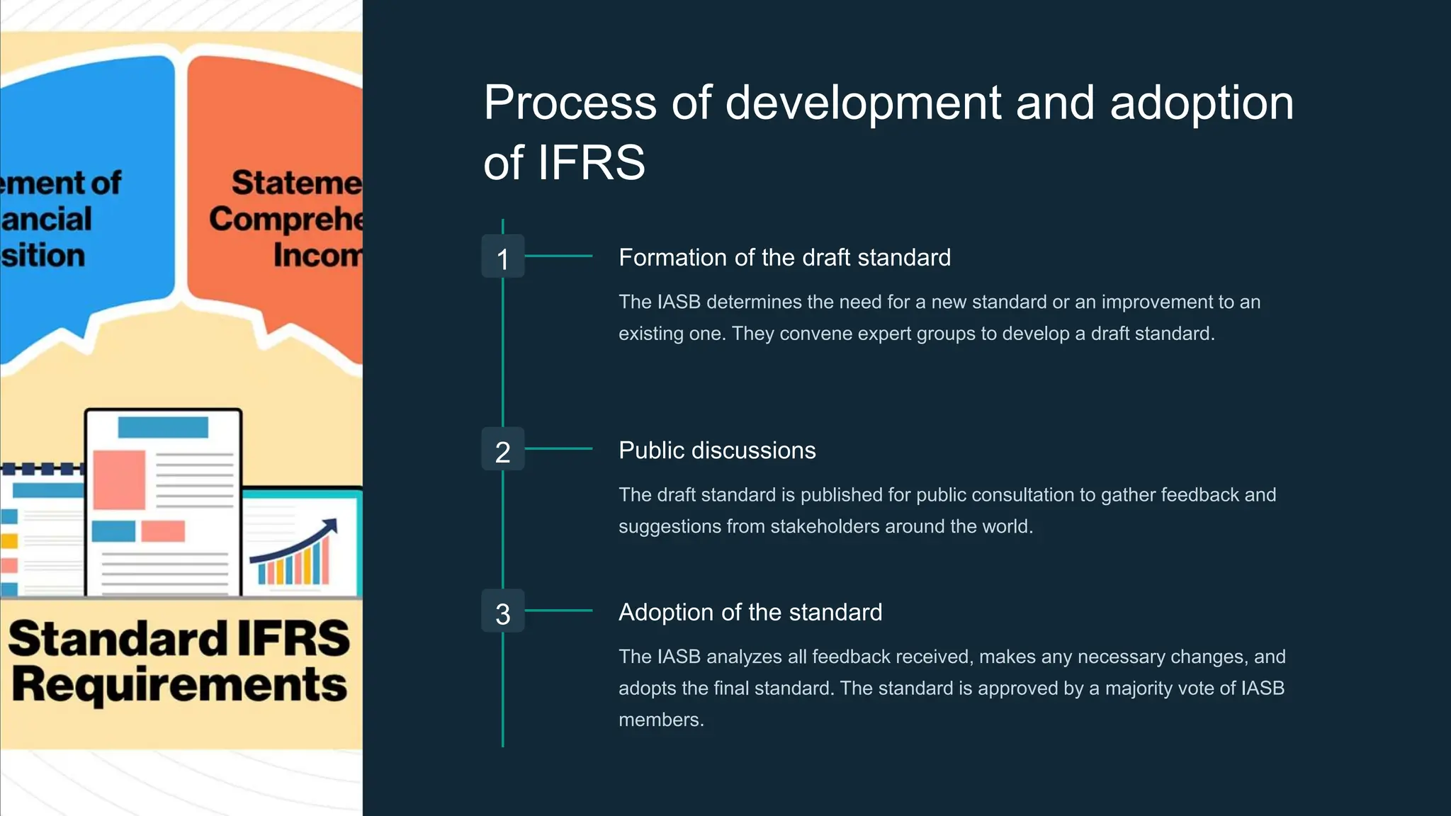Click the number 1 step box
pos(503,256)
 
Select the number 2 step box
pos(503,449)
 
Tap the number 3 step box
pos(503,611)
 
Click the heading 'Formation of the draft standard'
pos(784,258)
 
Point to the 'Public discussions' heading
pos(717,450)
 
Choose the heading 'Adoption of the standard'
pos(750,613)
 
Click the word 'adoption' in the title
pos(1202,103)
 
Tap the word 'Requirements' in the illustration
pos(180,686)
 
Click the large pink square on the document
pos(119,480)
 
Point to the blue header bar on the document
pos(163,428)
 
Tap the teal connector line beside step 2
pos(558,449)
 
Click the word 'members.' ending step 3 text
pos(661,720)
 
